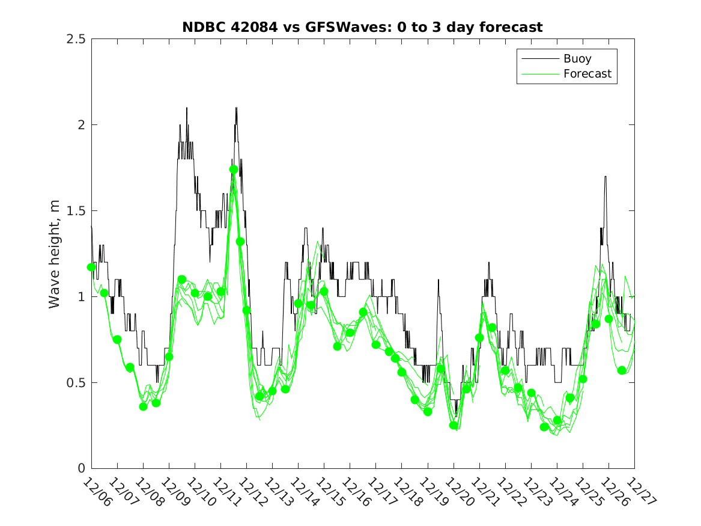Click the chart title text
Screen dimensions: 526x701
click(362, 27)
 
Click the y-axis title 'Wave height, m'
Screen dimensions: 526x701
click(55, 254)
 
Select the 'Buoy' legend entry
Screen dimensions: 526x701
click(577, 59)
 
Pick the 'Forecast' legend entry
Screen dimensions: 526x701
click(587, 74)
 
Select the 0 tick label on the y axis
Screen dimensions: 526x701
click(81, 469)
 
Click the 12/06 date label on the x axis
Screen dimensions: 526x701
click(96, 492)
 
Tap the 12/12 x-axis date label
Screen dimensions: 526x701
click(251, 492)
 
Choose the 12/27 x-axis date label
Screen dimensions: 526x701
click(639, 492)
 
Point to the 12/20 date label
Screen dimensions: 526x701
click(458, 492)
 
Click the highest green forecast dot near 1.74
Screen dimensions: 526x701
click(234, 170)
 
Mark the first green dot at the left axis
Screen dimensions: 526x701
click(91, 267)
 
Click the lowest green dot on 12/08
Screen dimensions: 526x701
click(143, 406)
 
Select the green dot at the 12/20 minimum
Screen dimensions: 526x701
click(454, 425)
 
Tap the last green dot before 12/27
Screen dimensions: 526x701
click(622, 370)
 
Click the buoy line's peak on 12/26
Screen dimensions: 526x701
click(605, 177)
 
